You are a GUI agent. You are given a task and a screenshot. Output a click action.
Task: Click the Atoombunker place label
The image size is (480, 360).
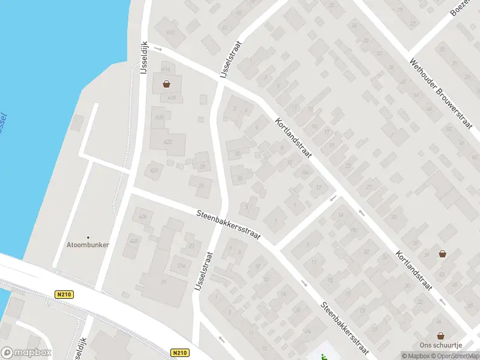(x=88, y=245)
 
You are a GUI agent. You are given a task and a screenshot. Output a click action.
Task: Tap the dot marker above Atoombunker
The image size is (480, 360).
(x=88, y=238)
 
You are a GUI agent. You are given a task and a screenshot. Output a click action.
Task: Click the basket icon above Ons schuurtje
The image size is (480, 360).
(x=441, y=336)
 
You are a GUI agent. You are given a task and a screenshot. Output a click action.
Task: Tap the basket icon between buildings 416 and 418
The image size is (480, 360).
(x=166, y=84)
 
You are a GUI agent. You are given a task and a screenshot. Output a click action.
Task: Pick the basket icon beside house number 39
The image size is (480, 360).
(x=442, y=254)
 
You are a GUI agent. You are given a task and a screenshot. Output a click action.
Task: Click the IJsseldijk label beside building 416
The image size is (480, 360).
(x=144, y=58)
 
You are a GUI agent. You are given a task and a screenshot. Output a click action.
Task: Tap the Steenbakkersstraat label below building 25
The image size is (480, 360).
(x=228, y=224)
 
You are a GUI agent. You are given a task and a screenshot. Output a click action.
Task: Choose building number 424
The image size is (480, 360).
(x=155, y=170)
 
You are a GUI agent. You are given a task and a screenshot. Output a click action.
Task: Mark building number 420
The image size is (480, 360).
(x=158, y=116)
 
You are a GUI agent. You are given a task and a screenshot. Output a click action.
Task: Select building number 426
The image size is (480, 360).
(x=143, y=216)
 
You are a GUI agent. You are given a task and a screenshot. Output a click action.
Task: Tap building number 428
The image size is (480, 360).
(x=134, y=241)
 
